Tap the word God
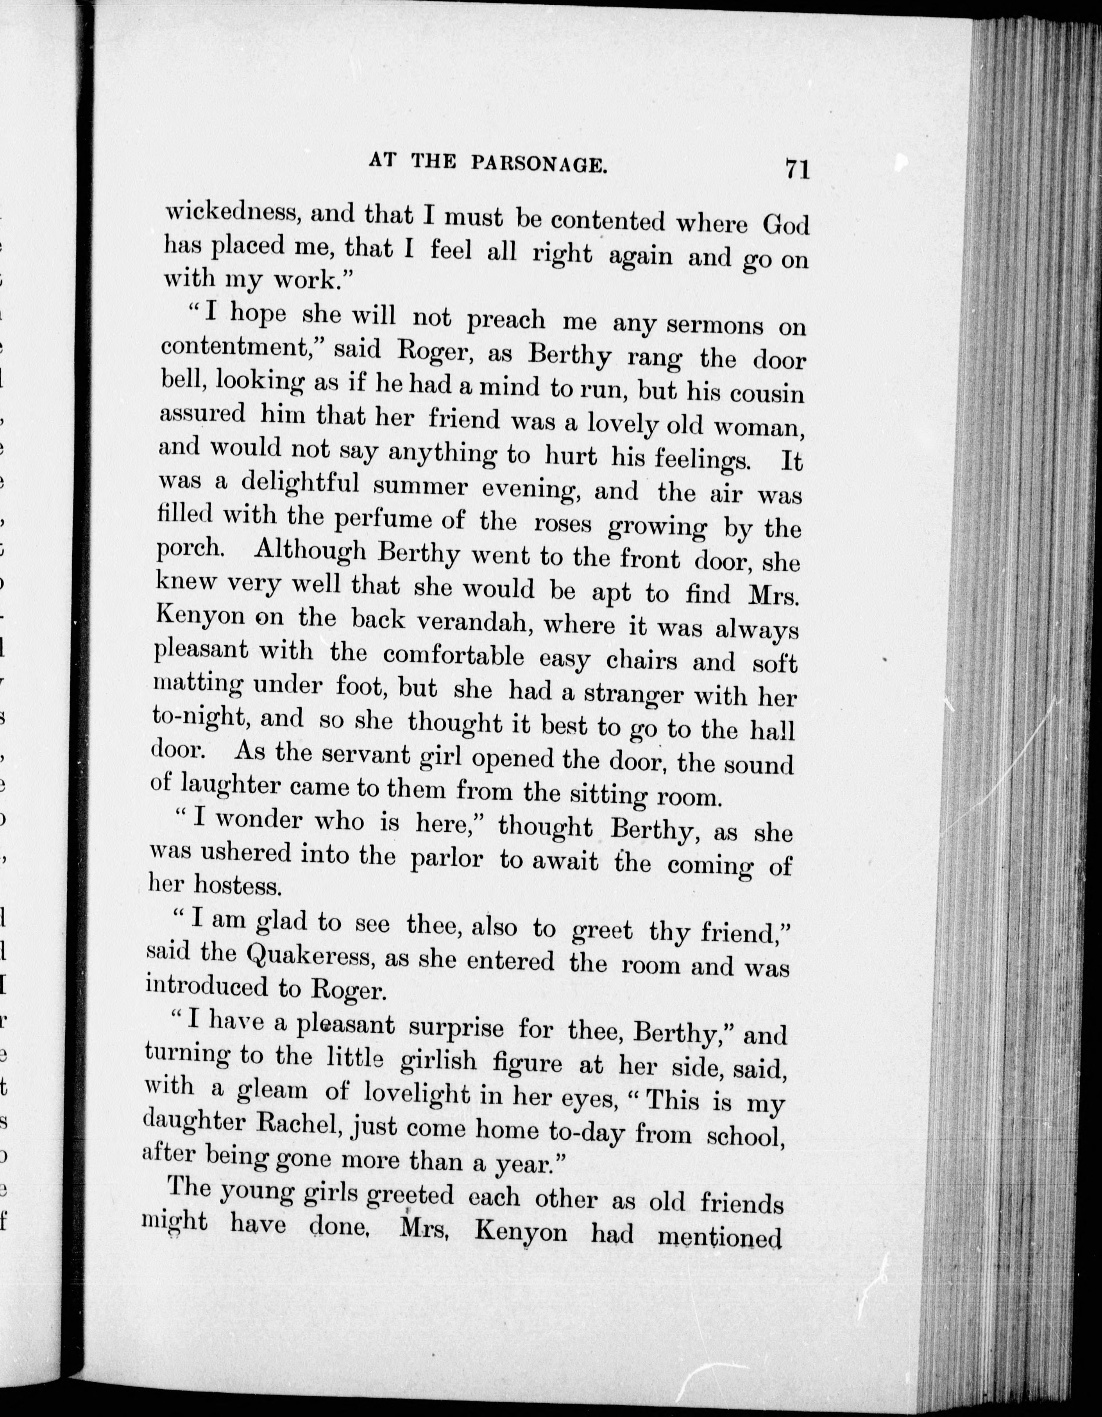pos(785,224)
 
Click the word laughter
pos(230,786)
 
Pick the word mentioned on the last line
pos(719,1237)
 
